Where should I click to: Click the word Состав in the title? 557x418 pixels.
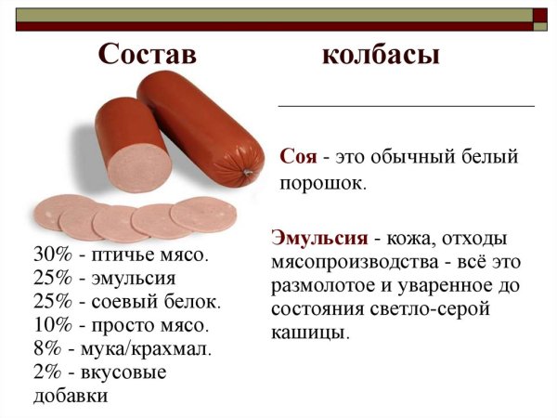click(148, 55)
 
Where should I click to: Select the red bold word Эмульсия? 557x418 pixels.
click(314, 236)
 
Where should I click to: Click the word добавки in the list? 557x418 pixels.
click(71, 397)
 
